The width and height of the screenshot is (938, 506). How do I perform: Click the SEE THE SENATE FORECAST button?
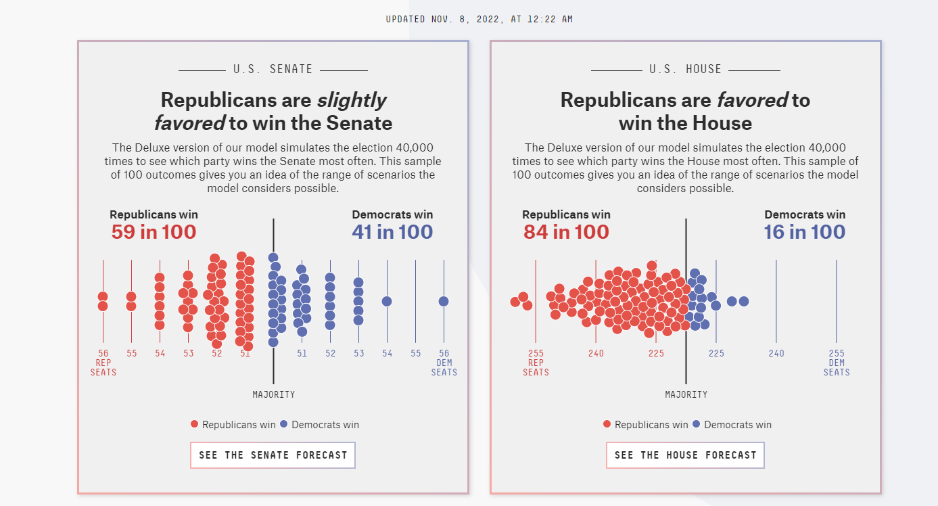[273, 455]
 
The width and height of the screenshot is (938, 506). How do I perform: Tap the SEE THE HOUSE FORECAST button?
[685, 455]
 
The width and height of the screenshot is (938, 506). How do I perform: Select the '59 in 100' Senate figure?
[154, 232]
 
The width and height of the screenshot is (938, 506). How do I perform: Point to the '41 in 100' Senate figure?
[392, 232]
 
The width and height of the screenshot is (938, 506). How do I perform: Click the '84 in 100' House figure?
[566, 232]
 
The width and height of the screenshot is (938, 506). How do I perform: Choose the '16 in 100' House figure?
[805, 232]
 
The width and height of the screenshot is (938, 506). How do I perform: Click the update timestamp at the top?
[479, 19]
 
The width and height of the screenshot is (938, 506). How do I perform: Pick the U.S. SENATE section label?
[273, 69]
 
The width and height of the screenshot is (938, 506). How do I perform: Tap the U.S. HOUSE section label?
[686, 69]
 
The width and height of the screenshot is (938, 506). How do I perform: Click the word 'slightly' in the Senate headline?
[352, 100]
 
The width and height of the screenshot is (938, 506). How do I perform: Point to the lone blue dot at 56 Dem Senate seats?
[444, 301]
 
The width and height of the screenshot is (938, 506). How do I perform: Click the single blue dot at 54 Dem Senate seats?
[387, 301]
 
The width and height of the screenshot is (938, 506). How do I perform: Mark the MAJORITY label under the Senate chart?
[274, 394]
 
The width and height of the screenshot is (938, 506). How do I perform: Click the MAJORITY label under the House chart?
[686, 394]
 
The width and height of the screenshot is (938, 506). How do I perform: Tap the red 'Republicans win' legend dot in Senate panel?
[195, 424]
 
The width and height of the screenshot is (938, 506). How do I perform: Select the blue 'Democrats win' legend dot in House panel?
[697, 424]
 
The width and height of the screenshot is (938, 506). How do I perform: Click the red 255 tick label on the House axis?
[536, 353]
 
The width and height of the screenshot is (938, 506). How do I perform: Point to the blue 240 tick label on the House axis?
[776, 353]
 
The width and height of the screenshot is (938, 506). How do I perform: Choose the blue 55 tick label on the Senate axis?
[415, 353]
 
